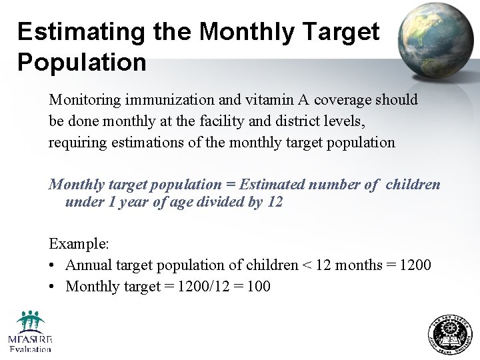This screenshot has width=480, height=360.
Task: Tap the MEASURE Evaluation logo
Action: pos(31,331)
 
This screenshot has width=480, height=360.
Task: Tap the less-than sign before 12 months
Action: pos(307,265)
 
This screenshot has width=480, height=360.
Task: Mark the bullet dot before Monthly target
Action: pos(52,287)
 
